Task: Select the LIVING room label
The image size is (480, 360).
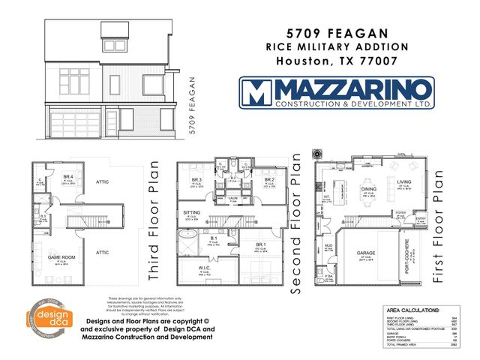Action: pos(403,181)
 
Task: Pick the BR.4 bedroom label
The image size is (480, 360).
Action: pos(67,176)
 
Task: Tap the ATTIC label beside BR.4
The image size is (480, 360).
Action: pos(102,181)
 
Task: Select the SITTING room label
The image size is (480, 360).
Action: pos(191,214)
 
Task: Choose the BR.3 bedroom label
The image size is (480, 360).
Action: pos(196,181)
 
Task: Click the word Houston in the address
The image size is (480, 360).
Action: pos(298,61)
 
